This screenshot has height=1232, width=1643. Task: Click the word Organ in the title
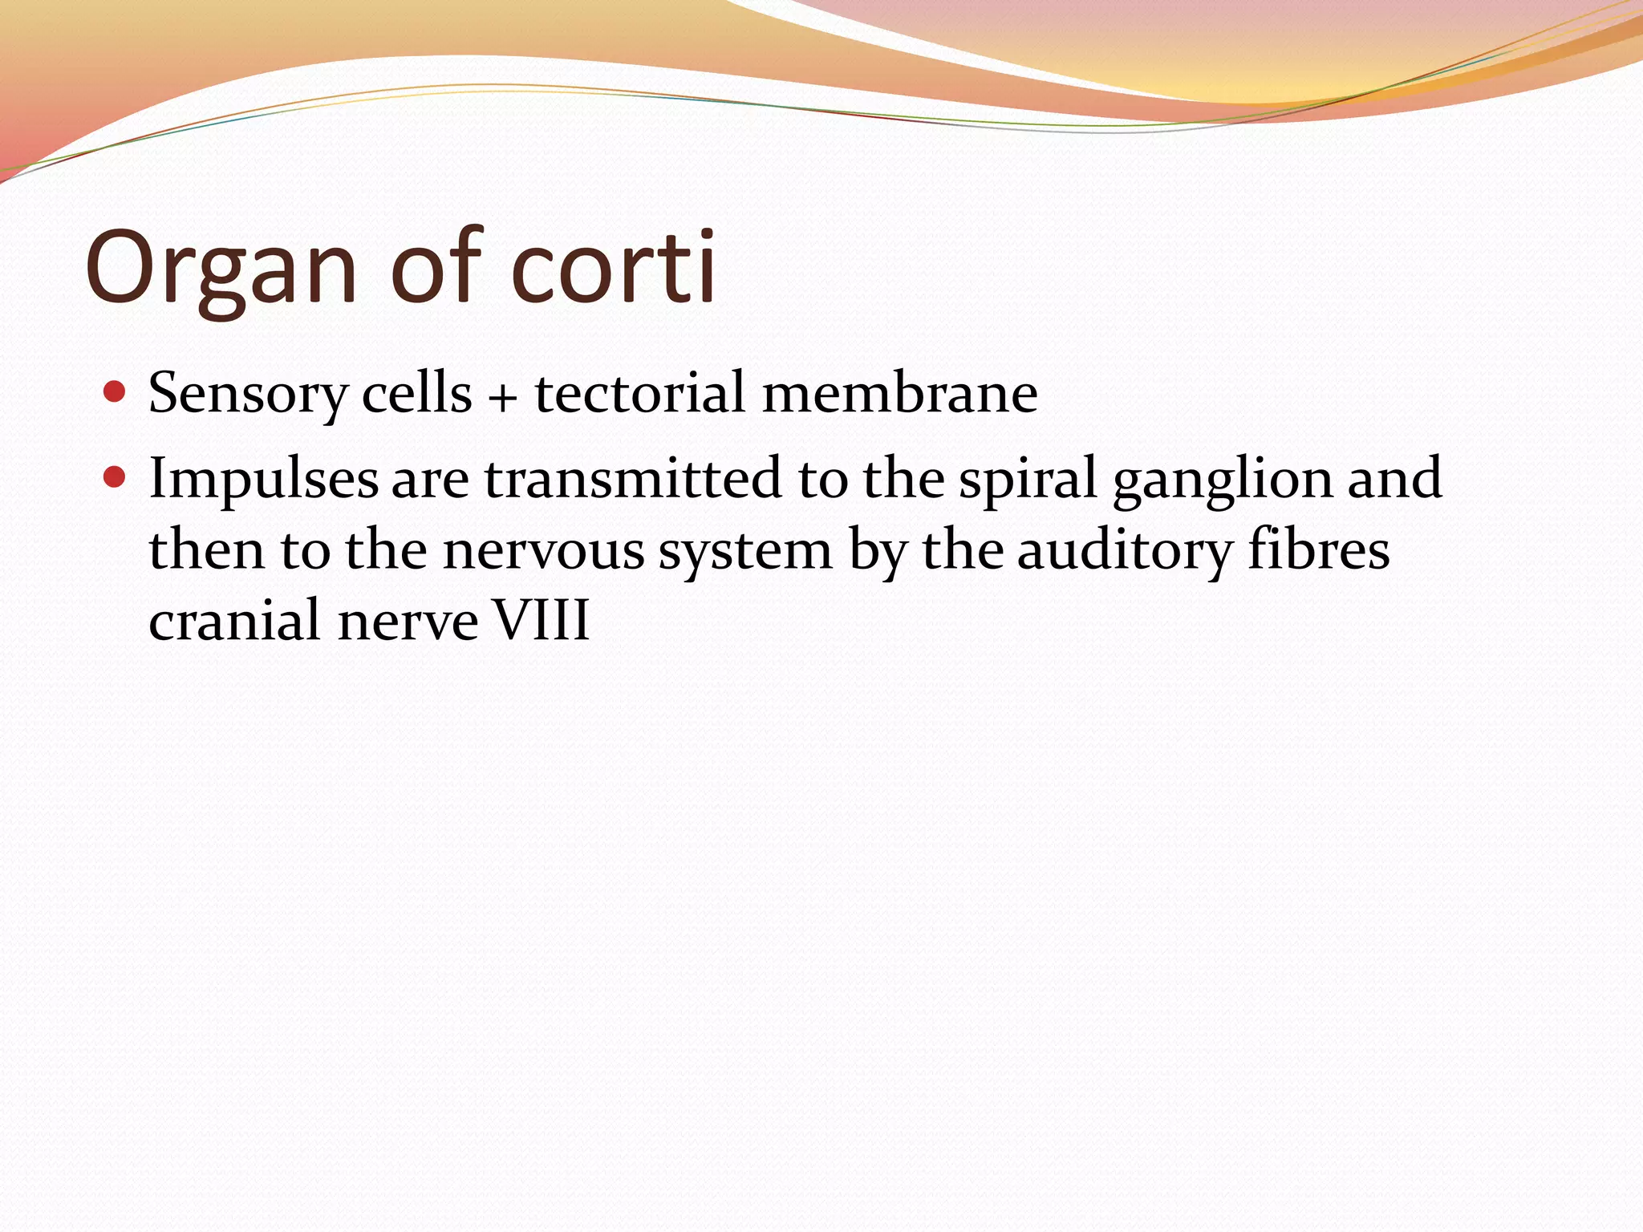tap(221, 269)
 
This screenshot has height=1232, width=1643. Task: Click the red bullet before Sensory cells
tap(116, 392)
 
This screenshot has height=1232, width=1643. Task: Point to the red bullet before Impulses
tap(116, 478)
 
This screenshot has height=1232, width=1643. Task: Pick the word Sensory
tap(248, 395)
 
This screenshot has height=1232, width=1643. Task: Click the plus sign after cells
tap(503, 396)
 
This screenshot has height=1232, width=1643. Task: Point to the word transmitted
tap(632, 478)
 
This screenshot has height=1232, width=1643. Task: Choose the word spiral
tap(1028, 480)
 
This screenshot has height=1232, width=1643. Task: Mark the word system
tap(745, 552)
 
